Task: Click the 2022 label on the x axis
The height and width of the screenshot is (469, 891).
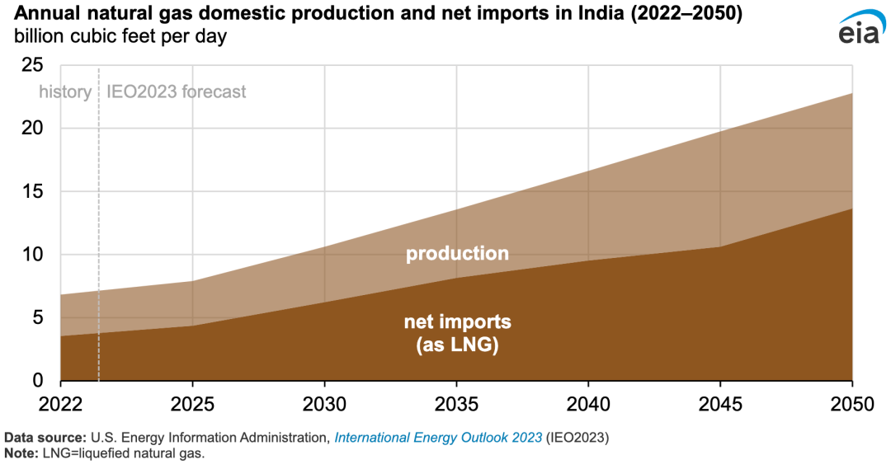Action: point(61,404)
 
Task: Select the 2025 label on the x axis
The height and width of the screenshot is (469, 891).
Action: point(192,404)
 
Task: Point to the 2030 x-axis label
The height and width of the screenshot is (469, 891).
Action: point(324,404)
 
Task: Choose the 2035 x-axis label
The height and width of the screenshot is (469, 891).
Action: point(456,404)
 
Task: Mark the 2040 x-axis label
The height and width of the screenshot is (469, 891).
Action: point(588,404)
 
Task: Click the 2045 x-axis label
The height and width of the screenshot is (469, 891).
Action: point(720,404)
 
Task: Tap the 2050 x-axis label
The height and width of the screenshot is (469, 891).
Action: point(852,404)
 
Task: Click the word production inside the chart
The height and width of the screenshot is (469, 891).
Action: point(457,254)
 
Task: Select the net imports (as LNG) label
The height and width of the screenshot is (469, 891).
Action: point(457,334)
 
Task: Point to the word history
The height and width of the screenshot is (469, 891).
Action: point(65,92)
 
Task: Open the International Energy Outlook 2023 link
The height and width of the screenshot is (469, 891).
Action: point(438,437)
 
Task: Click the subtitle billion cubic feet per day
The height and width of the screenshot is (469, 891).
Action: point(120,37)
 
